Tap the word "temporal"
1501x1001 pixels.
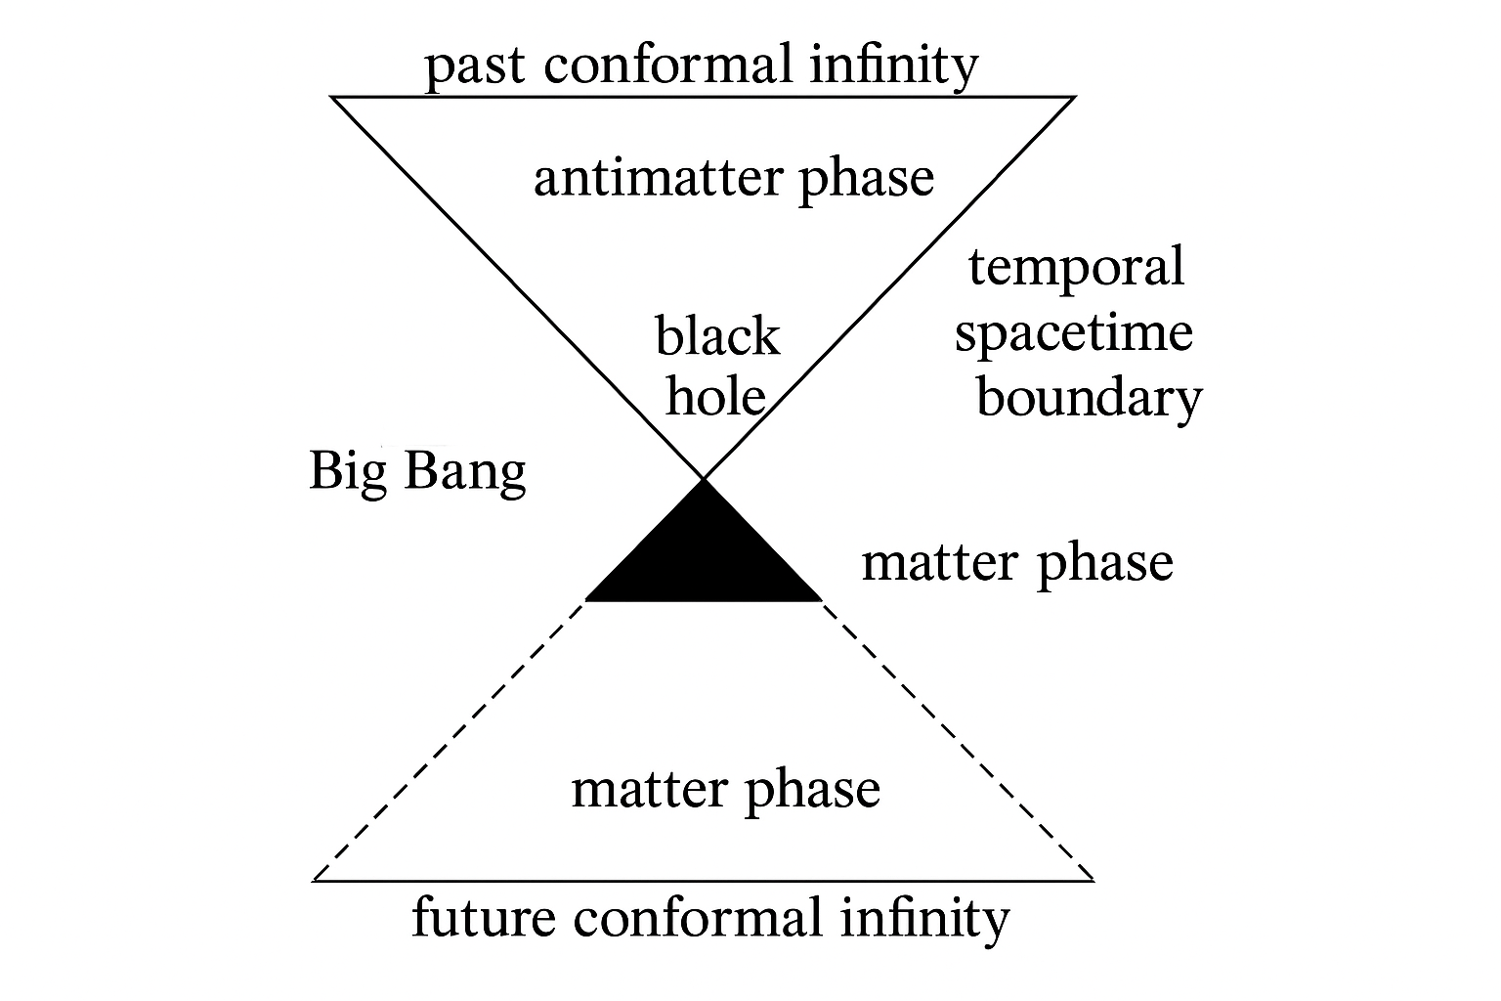point(1076,267)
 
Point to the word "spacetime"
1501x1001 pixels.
point(1073,333)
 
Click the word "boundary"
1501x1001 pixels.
point(1089,399)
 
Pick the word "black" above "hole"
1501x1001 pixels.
point(717,336)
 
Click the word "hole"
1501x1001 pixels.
point(715,396)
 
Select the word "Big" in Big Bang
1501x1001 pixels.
point(342,471)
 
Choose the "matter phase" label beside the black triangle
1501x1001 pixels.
point(1016,564)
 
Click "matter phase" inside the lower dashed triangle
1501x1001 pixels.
point(725,790)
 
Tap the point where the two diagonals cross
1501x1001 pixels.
point(704,479)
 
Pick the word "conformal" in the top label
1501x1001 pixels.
point(674,66)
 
